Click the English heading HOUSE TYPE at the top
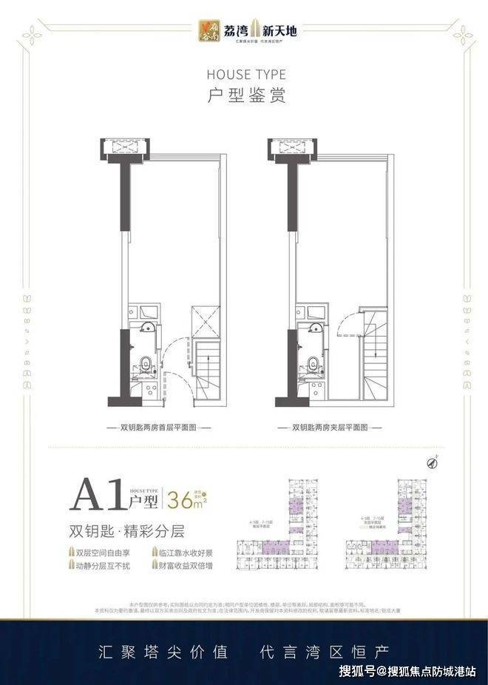(x=243, y=75)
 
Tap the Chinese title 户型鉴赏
(x=243, y=95)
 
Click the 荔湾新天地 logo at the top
(x=243, y=30)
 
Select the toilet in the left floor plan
(x=147, y=362)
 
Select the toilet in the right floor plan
(x=314, y=362)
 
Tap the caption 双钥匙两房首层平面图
(x=155, y=428)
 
